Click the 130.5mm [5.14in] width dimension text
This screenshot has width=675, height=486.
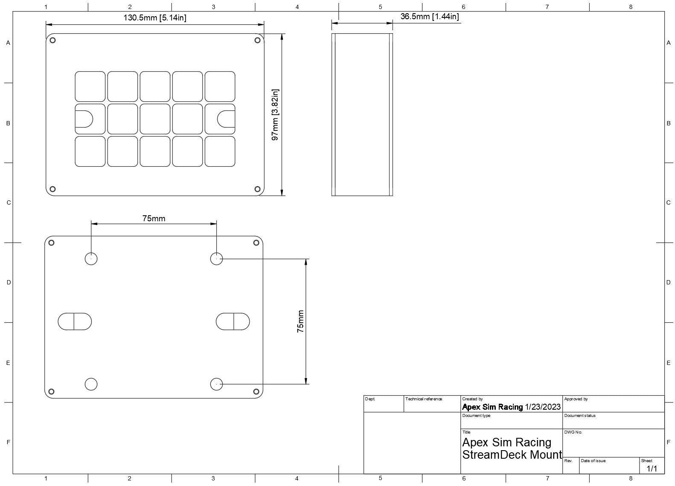[x=155, y=17]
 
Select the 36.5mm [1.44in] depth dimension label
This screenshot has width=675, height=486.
[x=430, y=16]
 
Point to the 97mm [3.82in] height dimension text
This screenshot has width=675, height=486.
[x=275, y=115]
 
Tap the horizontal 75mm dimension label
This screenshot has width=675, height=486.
[x=154, y=218]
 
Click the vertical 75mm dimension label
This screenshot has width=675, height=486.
[x=300, y=321]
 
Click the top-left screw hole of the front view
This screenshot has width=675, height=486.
[x=52, y=40]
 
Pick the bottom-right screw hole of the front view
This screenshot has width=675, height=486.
[x=257, y=189]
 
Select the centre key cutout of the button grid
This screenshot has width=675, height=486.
[x=155, y=119]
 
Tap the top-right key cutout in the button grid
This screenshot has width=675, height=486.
[x=220, y=87]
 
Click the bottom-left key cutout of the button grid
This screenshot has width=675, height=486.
[x=90, y=151]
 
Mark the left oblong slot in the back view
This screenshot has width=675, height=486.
[x=75, y=321]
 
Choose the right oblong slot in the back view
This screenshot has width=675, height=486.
[x=233, y=321]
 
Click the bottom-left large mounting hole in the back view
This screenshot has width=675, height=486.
[x=91, y=384]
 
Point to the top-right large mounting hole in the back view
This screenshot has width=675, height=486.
[x=216, y=259]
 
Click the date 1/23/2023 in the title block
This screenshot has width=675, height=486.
[x=543, y=407]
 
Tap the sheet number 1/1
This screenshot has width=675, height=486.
[x=652, y=469]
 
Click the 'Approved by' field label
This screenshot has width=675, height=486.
[x=576, y=399]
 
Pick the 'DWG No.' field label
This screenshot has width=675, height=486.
[x=573, y=432]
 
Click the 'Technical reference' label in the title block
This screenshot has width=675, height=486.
[x=424, y=399]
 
